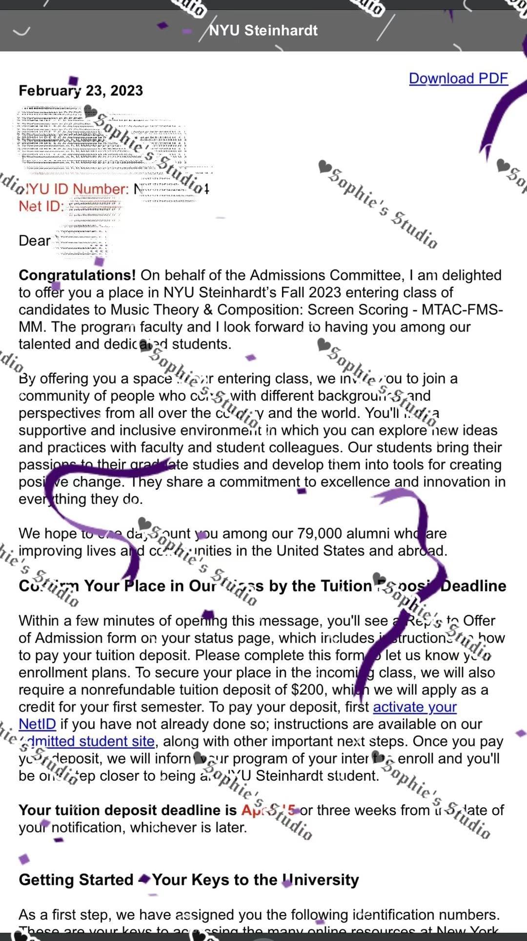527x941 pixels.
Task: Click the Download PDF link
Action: (458, 78)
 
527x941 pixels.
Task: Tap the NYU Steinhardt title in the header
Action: (263, 30)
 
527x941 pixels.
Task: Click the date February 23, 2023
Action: (81, 91)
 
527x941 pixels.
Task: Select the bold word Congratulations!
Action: (77, 275)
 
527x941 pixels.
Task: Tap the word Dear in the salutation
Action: (35, 241)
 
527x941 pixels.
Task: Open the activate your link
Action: (414, 707)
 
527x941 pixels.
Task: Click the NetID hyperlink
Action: (37, 725)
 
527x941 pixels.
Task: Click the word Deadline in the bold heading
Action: (473, 586)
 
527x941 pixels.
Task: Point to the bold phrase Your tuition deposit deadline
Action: (127, 810)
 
